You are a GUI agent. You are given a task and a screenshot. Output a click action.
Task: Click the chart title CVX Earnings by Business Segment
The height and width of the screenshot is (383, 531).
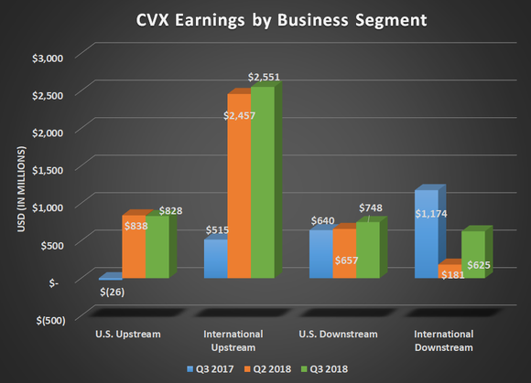pyautogui.click(x=265, y=19)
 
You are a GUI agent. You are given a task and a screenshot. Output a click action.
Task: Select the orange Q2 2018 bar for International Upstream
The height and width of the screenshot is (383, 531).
pyautogui.click(x=238, y=183)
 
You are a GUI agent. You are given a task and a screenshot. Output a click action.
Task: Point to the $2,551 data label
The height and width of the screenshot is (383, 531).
pyautogui.click(x=265, y=77)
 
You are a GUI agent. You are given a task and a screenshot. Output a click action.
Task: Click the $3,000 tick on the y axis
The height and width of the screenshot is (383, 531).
pyautogui.click(x=46, y=57)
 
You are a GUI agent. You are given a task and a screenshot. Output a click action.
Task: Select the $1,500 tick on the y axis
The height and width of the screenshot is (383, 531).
pyautogui.click(x=46, y=169)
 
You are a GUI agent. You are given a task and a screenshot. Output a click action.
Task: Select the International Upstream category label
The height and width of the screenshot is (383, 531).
pyautogui.click(x=226, y=340)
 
